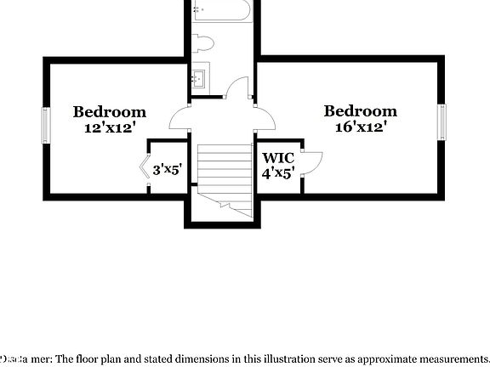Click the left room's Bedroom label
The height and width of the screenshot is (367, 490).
109,111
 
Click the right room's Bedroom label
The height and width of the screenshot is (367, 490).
360,111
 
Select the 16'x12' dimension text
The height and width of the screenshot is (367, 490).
361,127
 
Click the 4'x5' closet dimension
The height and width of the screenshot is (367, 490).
277,173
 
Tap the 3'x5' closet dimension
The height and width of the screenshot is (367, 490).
168,170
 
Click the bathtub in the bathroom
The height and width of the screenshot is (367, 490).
221,11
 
